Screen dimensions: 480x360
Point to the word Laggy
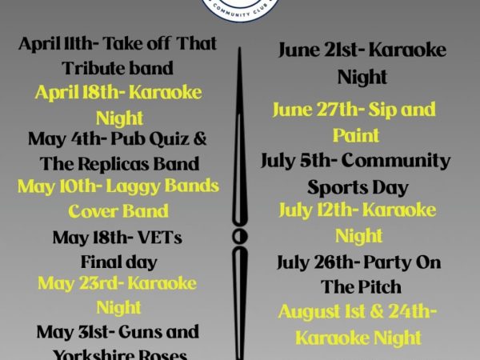coord(133,186)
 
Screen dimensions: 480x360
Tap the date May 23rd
coord(81,284)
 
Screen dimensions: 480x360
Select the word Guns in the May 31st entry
coord(138,331)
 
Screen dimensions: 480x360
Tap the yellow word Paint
coord(356,135)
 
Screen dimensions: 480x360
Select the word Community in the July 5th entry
coord(396,162)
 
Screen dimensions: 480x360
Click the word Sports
coord(331,187)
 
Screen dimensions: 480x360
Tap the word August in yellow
coord(309,313)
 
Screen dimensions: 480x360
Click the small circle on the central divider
coord(240,237)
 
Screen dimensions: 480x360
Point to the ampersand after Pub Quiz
coord(200,138)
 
